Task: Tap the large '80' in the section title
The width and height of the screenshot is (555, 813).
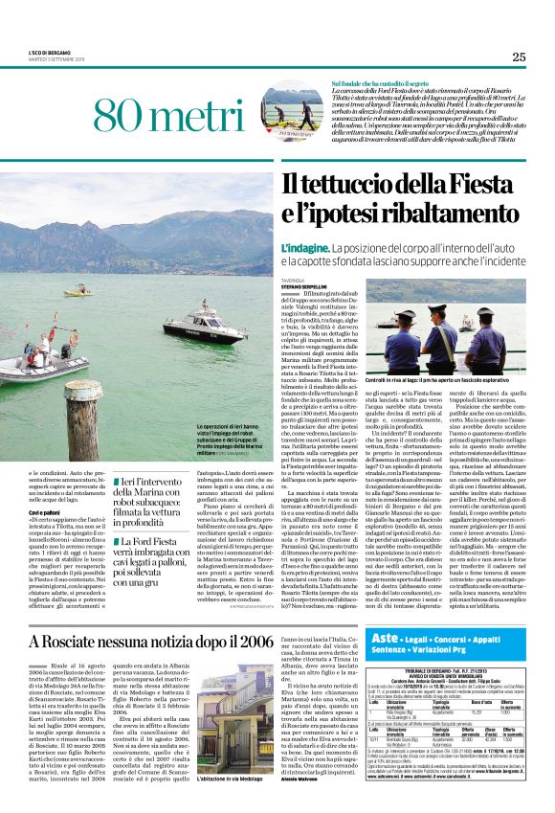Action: pos(122,118)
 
